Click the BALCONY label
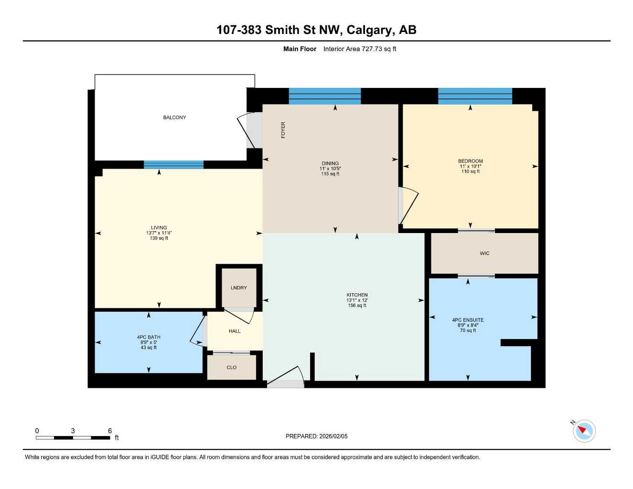pyautogui.click(x=174, y=117)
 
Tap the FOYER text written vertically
pyautogui.click(x=283, y=130)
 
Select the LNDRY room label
pyautogui.click(x=239, y=287)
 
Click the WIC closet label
pyautogui.click(x=484, y=254)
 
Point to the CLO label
pyautogui.click(x=232, y=367)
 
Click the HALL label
pyautogui.click(x=235, y=331)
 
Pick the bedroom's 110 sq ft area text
pyautogui.click(x=470, y=171)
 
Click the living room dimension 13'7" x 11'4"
pyautogui.click(x=159, y=233)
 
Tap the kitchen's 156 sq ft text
pyautogui.click(x=357, y=306)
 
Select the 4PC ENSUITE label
pyautogui.click(x=468, y=320)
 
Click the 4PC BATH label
pyautogui.click(x=149, y=337)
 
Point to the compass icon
pyautogui.click(x=584, y=431)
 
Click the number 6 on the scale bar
pyautogui.click(x=110, y=431)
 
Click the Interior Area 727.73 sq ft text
pyautogui.click(x=360, y=49)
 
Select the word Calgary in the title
pyautogui.click(x=368, y=30)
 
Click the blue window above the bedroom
pyautogui.click(x=475, y=96)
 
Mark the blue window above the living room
pyautogui.click(x=173, y=165)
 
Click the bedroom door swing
pyautogui.click(x=409, y=205)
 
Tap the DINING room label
pyautogui.click(x=330, y=163)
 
